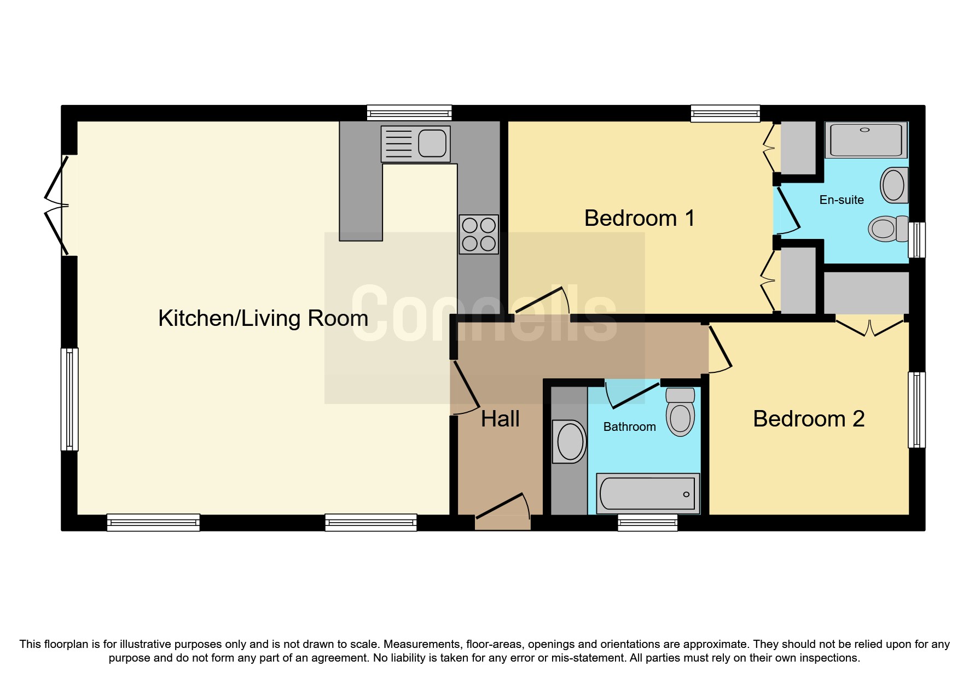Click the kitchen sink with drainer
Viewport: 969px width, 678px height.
tap(415, 144)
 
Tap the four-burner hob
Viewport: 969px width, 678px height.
tap(479, 234)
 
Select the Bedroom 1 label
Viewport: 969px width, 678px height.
tap(640, 218)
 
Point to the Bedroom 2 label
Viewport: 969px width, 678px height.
tap(809, 419)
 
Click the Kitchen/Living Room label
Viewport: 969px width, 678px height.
tap(263, 318)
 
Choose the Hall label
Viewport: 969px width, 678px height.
tap(500, 419)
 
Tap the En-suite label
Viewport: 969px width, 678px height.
tap(842, 200)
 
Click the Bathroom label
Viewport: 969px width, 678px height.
tap(629, 426)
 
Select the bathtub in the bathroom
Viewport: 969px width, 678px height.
tap(648, 493)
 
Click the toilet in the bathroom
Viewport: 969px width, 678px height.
tap(680, 412)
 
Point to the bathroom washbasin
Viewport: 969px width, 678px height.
tap(570, 442)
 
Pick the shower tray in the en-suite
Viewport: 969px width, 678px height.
tap(866, 140)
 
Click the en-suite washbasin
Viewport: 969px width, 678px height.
tap(894, 185)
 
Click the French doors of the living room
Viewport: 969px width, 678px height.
tap(57, 206)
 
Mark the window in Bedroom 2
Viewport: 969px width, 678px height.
tap(917, 410)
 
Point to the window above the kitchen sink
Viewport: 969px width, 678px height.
tap(409, 113)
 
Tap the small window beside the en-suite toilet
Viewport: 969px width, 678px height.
tap(917, 239)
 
